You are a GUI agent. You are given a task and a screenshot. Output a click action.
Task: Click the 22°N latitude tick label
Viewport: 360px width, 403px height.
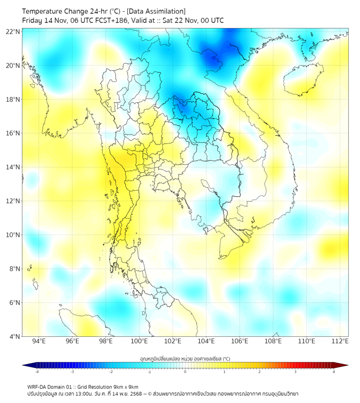point(13,31)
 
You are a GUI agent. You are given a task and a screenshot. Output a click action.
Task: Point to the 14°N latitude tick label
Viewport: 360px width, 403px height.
point(13,167)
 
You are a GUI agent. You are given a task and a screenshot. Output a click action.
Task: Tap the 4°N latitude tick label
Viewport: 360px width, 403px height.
point(14,336)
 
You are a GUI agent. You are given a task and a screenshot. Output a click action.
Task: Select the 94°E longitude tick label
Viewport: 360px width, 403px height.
point(39,341)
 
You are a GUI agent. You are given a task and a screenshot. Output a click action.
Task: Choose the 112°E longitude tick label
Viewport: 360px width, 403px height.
point(340,341)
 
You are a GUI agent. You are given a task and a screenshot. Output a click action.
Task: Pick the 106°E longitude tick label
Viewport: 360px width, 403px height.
point(240,341)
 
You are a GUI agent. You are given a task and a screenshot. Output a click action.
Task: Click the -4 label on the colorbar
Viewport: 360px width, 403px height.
point(36,372)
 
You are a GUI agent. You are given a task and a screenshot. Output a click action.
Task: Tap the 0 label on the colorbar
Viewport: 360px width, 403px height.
point(185,372)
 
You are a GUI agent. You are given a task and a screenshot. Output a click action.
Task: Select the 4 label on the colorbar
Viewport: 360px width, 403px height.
point(334,372)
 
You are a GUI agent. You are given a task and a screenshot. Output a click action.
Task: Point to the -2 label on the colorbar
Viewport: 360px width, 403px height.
point(110,372)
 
